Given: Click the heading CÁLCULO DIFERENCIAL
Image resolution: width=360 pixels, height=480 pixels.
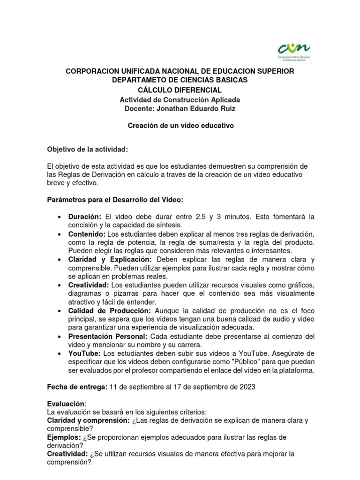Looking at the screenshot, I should tap(180, 90).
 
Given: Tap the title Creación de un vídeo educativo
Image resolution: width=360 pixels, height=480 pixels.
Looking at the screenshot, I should tap(180, 126).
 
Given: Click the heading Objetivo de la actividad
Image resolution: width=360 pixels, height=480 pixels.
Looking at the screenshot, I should tap(87, 149).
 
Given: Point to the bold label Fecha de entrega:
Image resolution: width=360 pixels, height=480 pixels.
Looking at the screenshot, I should tap(77, 387).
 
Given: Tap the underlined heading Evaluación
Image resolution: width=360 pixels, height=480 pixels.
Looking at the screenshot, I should tap(67, 404).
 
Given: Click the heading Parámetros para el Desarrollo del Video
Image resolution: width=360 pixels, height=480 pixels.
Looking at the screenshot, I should tap(115, 200).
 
